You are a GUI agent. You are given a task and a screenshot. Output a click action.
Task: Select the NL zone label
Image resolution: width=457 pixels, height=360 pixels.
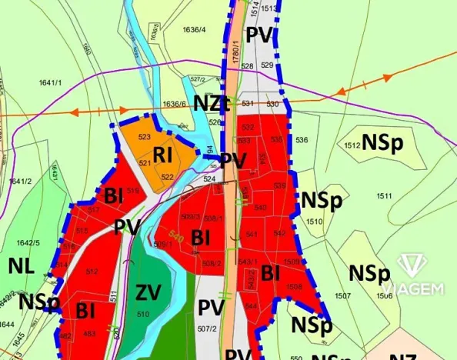pos(22,266)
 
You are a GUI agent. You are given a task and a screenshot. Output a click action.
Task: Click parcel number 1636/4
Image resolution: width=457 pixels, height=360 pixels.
pos(194,30)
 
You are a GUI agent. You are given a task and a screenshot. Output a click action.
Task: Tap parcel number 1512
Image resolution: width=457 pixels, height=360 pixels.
pos(353,145)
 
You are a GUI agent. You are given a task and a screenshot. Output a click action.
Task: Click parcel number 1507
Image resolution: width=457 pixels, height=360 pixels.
pos(342,295)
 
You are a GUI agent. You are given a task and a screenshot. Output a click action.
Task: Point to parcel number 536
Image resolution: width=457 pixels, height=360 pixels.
pos(301,140)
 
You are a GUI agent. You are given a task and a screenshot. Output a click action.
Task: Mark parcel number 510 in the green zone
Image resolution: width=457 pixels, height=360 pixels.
pos(142,314)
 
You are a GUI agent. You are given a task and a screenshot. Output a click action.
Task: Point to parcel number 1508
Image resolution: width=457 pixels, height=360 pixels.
pos(293,286)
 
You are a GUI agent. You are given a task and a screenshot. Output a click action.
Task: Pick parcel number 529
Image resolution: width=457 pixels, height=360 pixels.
pos(266,66)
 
